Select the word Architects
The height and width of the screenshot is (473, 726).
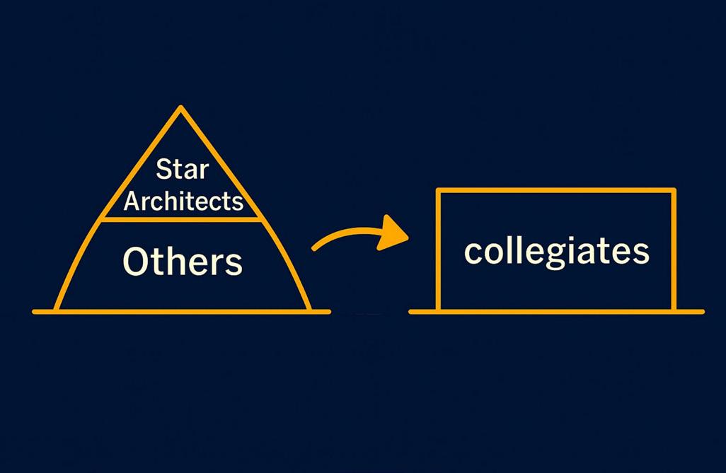(183, 202)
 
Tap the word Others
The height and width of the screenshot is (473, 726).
(183, 262)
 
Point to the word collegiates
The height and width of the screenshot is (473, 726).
(556, 251)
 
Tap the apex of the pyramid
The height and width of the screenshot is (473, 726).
(181, 108)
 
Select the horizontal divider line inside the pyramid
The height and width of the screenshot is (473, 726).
(183, 219)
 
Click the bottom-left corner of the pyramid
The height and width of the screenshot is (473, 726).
(57, 310)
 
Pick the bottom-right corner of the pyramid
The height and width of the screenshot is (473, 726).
(309, 310)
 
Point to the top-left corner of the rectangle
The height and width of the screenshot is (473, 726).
(439, 190)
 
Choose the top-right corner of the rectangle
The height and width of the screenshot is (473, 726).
(674, 190)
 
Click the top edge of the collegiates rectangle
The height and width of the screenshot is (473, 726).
(556, 190)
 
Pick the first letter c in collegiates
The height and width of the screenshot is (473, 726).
(472, 252)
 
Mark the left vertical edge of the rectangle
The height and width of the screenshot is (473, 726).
(439, 251)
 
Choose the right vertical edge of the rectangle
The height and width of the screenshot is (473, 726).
(674, 251)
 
